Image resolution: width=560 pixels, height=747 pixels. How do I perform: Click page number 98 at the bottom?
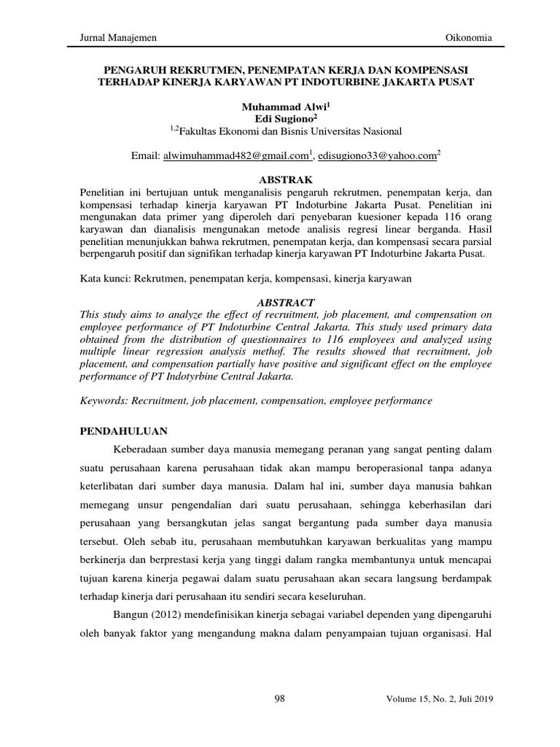(x=280, y=700)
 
